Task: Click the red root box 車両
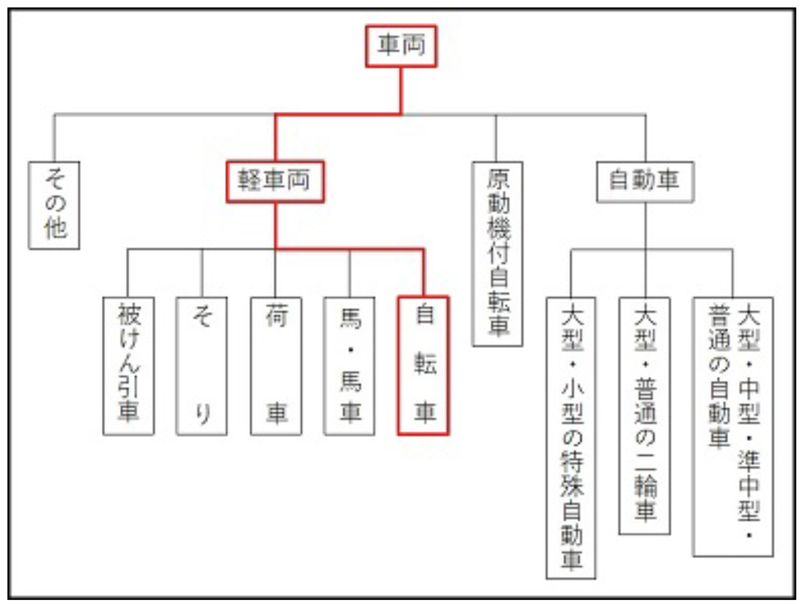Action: click(x=400, y=46)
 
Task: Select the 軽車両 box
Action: click(x=275, y=181)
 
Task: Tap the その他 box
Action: click(x=54, y=205)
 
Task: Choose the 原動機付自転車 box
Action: click(x=497, y=253)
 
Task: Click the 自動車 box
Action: click(x=645, y=181)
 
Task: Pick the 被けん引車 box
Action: click(x=128, y=365)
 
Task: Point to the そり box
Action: click(x=202, y=365)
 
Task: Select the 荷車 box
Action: click(x=276, y=365)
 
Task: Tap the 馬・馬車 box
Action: click(x=350, y=365)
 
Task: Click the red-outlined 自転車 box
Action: click(x=424, y=365)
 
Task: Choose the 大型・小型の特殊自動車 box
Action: click(x=571, y=438)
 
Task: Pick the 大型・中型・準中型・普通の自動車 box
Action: click(x=733, y=426)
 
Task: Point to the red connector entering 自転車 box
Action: click(x=424, y=272)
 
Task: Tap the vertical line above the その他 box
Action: click(x=54, y=138)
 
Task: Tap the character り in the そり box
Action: click(x=202, y=412)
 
